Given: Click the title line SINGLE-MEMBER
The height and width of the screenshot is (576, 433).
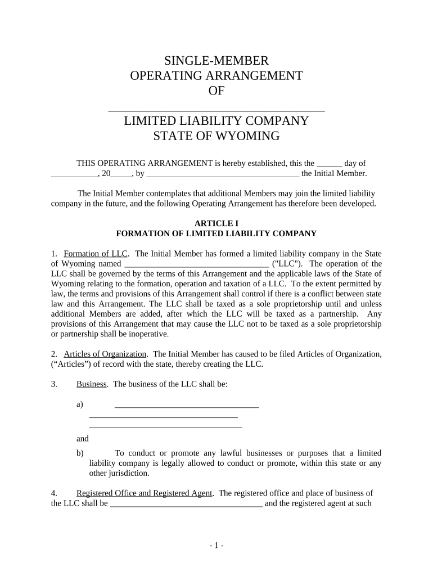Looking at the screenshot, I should pyautogui.click(x=216, y=61).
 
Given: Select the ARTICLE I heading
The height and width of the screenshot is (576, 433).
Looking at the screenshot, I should pyautogui.click(x=216, y=223).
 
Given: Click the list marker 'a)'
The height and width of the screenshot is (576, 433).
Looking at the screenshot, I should pyautogui.click(x=80, y=404).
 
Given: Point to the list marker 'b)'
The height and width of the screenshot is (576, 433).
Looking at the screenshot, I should pyautogui.click(x=80, y=453).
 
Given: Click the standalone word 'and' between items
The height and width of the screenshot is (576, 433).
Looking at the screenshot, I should pyautogui.click(x=83, y=439).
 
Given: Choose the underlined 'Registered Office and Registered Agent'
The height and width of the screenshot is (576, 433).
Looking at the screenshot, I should pyautogui.click(x=145, y=493).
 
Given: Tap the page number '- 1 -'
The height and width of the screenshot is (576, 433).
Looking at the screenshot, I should pyautogui.click(x=216, y=546).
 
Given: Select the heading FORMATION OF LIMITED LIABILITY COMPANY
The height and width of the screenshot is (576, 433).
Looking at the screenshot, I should pyautogui.click(x=216, y=233).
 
